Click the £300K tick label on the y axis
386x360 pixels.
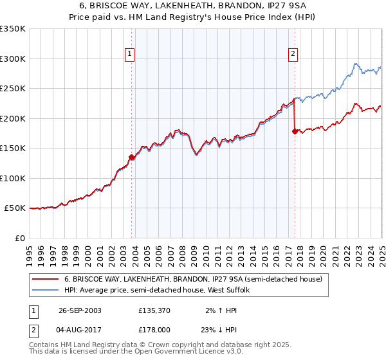(x=13, y=59)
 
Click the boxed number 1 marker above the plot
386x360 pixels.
(x=130, y=55)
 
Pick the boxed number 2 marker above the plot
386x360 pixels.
(x=293, y=55)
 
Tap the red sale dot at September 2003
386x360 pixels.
(x=132, y=157)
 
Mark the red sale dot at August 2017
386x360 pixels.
(x=295, y=131)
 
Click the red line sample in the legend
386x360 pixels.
(x=44, y=279)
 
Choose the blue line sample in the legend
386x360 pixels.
(x=44, y=290)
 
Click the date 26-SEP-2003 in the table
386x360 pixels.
(x=80, y=310)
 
